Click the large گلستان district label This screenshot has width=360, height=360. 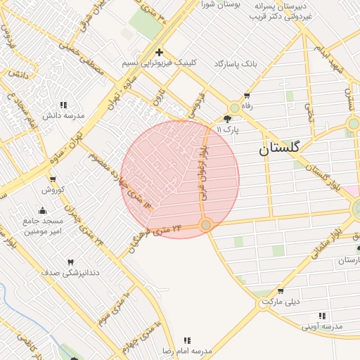[x=279, y=148]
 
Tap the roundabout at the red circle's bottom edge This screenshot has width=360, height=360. [x=205, y=225]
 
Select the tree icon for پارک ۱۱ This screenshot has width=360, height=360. [x=227, y=119]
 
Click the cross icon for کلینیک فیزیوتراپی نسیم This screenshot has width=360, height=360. [x=160, y=52]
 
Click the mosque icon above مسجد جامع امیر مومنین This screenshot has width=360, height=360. [x=42, y=210]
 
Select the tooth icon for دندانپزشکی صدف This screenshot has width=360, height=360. [x=70, y=262]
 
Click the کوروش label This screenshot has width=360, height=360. [x=53, y=190]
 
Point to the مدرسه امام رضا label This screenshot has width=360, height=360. [x=187, y=349]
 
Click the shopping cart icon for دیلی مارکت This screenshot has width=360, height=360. [x=281, y=291]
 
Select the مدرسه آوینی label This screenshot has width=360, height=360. [x=322, y=326]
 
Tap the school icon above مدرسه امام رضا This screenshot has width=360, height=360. [x=187, y=340]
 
